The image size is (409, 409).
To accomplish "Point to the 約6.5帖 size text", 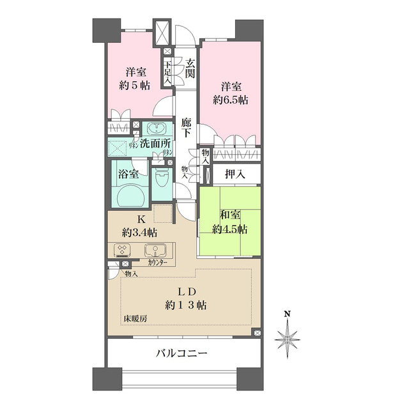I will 230,100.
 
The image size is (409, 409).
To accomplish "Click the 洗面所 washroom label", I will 155,145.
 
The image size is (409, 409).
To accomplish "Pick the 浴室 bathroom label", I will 128,173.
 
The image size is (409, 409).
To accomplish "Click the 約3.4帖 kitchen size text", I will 142,232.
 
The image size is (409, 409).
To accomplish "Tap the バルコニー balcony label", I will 182,352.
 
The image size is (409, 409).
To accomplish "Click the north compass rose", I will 288,334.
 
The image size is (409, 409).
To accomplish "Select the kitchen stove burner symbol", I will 122,250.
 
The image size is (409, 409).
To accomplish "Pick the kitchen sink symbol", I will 154,250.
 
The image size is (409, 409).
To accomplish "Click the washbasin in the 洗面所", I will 155,127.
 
